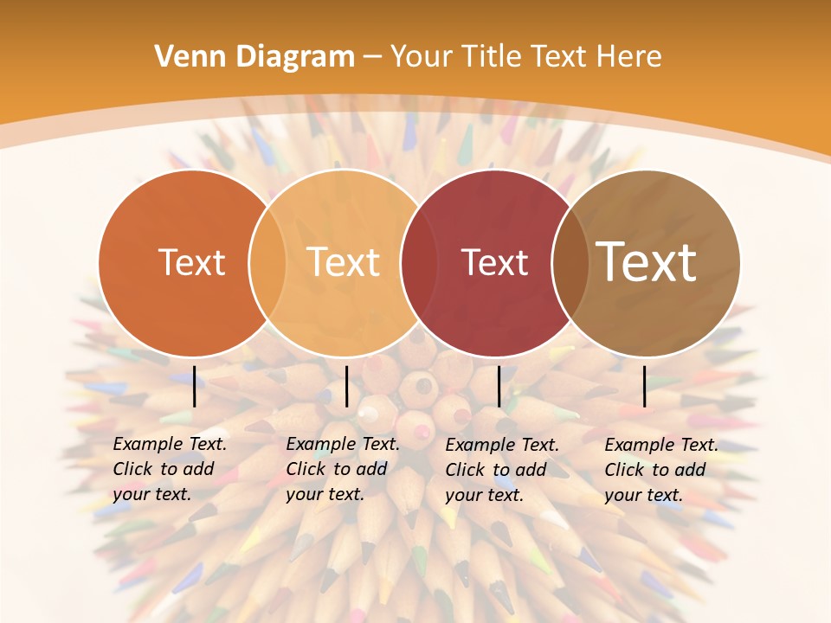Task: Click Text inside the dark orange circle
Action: coord(191,263)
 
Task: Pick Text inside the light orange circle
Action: coord(344,263)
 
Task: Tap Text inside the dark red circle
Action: coord(494,263)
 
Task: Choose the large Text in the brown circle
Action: coord(647,263)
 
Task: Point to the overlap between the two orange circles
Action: coord(267,263)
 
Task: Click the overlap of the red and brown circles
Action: coord(570,263)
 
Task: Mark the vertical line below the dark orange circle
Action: coord(195,386)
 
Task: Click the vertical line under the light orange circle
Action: coord(346,386)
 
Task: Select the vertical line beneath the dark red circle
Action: coord(499,386)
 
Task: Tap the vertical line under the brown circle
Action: coord(645,386)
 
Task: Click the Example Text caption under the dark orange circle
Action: coord(169,469)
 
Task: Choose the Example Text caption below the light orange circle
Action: coord(342,469)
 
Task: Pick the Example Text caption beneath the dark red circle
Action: coord(501,470)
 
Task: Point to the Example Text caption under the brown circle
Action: coord(660,470)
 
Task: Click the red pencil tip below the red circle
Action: coord(423,430)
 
